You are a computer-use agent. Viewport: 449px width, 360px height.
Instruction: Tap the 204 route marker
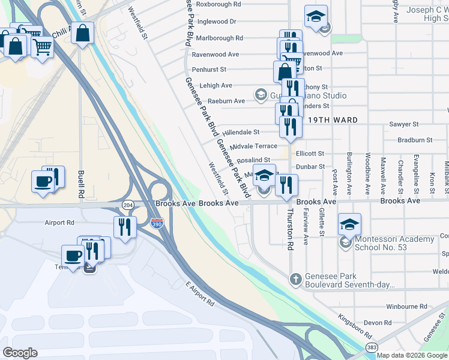pos(128,204)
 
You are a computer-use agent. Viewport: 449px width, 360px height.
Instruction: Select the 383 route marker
pos(372,347)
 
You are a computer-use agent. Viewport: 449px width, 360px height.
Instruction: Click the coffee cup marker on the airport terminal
pos(73,256)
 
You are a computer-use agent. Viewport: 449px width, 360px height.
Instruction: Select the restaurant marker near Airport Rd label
pos(124,227)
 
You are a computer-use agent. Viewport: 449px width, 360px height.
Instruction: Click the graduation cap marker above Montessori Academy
pos(349,224)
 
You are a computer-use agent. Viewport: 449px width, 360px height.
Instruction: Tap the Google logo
pos(20,353)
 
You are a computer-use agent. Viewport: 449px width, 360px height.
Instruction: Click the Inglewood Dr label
pos(217,21)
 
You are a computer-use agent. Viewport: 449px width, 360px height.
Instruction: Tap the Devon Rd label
pos(378,323)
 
